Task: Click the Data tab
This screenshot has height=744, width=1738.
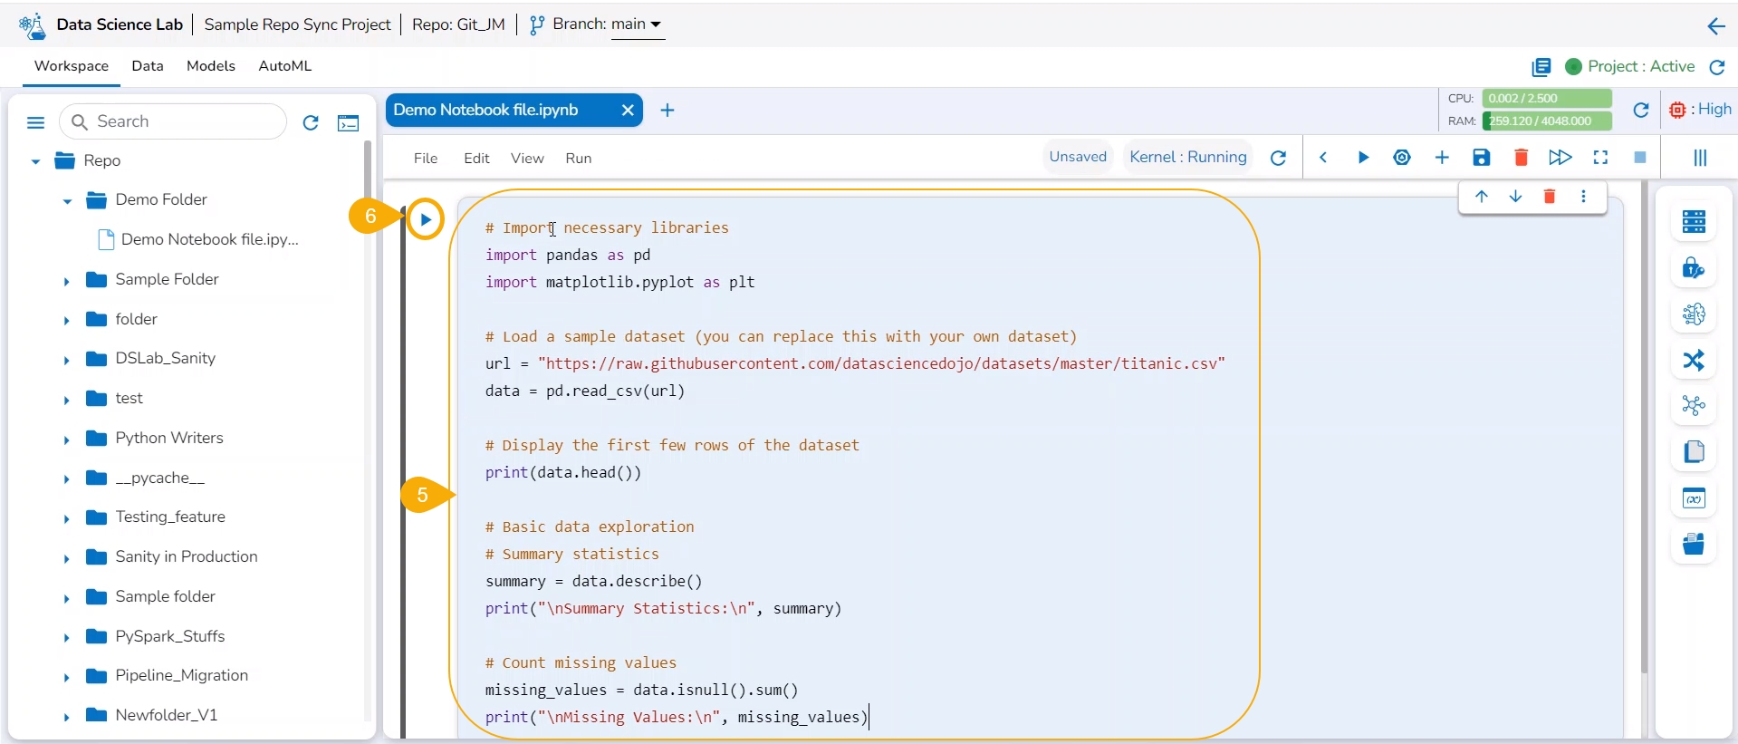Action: coord(148,66)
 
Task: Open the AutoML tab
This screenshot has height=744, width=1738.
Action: coord(284,66)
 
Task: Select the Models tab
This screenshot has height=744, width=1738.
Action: coord(211,66)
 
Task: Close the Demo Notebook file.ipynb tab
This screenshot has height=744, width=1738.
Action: coord(628,111)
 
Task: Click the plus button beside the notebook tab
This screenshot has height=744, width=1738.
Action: coord(667,111)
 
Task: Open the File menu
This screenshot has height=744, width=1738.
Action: coord(426,159)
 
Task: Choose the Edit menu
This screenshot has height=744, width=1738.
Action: coord(476,159)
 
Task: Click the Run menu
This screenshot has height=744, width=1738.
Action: coord(579,159)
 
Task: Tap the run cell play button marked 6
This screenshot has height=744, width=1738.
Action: coord(425,219)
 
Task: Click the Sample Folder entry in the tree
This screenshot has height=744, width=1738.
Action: coord(167,279)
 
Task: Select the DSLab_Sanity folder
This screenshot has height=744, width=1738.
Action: coord(165,358)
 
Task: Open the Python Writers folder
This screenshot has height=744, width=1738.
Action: coord(168,438)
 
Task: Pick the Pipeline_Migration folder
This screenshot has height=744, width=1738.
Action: coord(181,675)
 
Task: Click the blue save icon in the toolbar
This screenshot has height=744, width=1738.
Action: coord(1482,158)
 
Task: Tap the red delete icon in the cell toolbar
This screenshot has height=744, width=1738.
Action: coord(1550,197)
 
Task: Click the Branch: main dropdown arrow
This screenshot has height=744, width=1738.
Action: coord(656,24)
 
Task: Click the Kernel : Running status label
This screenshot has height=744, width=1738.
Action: coord(1188,157)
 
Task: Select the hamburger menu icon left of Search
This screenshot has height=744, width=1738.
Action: coord(36,122)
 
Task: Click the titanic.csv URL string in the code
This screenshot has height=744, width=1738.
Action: coord(881,363)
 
